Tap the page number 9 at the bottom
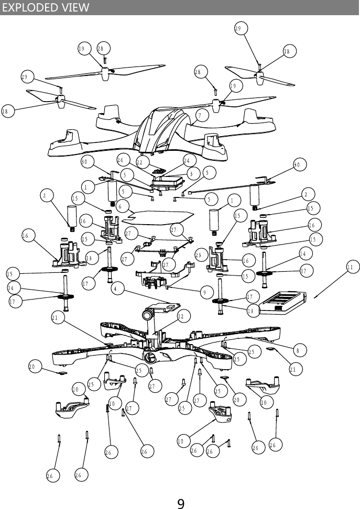pos(180,504)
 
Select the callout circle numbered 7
pos(200,115)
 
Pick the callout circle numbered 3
pos(191,173)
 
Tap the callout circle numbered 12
pos(182,316)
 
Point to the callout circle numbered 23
pos(200,255)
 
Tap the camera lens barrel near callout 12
pos(148,315)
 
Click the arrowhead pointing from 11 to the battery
pos(316,297)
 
